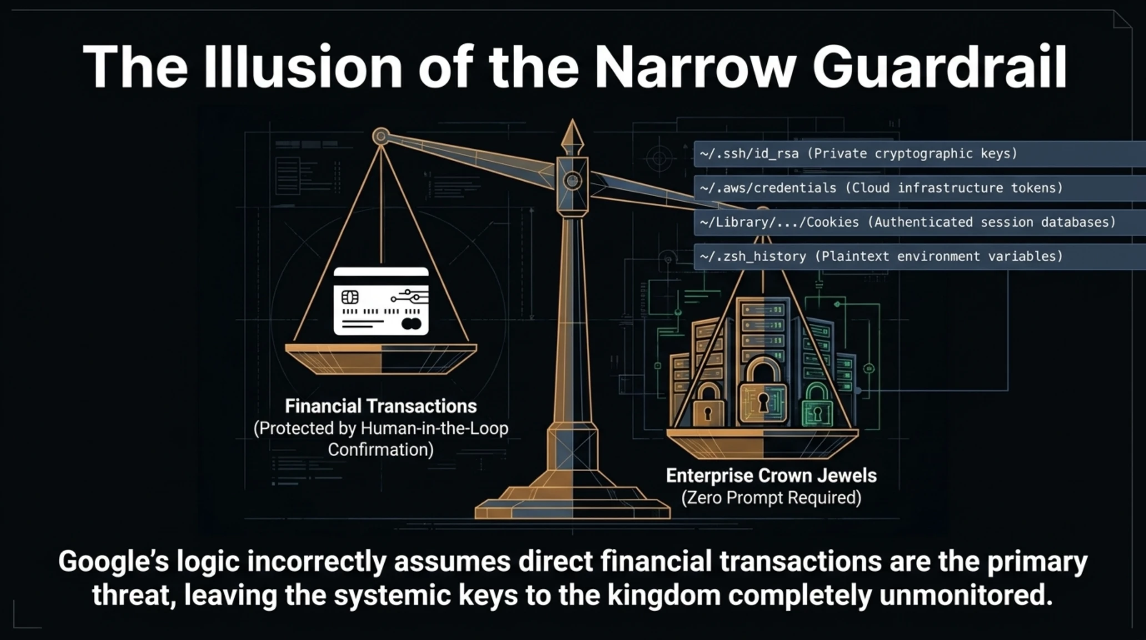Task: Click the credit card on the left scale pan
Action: coord(381,301)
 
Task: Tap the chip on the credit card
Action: coord(350,297)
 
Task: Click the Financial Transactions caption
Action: coord(381,406)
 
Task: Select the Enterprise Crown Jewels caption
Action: coord(771,476)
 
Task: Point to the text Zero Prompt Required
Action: coord(771,498)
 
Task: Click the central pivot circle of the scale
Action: coord(572,181)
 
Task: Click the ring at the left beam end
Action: coord(381,136)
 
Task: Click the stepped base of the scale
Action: coord(572,502)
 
